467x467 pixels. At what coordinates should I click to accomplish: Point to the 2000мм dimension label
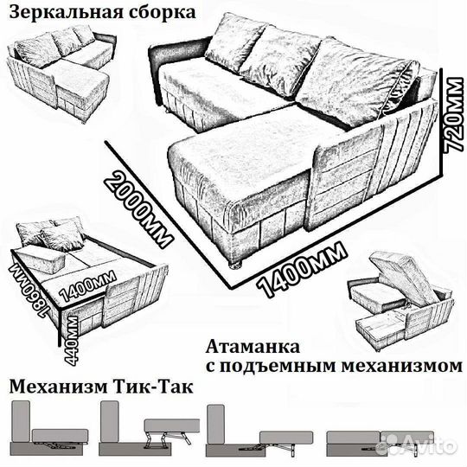[x=137, y=207]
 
